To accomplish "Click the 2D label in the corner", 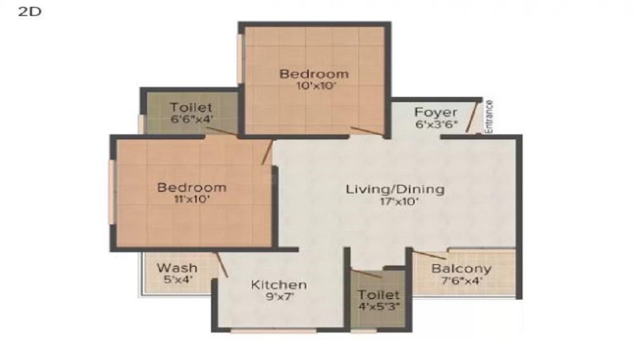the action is (30, 11).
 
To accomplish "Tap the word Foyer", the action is (436, 112).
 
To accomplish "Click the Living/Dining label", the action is (395, 189).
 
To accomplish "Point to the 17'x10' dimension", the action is (399, 202).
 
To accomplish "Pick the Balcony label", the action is (462, 269).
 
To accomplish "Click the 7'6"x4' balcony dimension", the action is (462, 281).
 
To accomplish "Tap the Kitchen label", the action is (279, 285).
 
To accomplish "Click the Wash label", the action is (177, 268).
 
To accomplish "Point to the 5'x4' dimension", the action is (178, 280).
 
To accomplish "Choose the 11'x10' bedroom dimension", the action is (189, 200).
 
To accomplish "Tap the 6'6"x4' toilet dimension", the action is (191, 119).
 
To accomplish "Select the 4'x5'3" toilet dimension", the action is (379, 306).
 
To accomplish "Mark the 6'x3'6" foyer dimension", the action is (436, 124).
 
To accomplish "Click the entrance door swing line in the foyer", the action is (472, 117).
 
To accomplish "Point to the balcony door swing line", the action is (429, 255).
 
